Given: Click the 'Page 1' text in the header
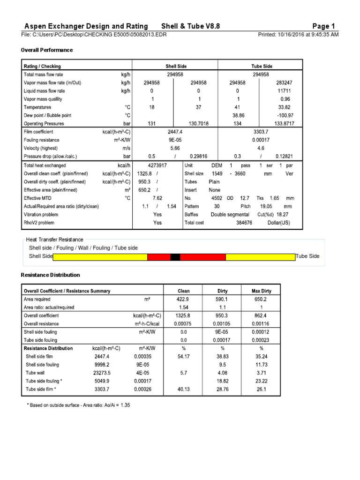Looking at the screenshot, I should click(x=324, y=26).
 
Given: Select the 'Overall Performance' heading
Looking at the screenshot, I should click(x=47, y=50).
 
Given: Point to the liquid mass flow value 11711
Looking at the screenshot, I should click(x=284, y=91).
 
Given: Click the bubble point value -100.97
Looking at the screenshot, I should click(x=284, y=115).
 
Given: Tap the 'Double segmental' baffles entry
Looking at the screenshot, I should click(x=230, y=215).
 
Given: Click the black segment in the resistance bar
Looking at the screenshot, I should click(x=175, y=256).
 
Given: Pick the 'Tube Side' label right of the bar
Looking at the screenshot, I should click(x=307, y=256).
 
